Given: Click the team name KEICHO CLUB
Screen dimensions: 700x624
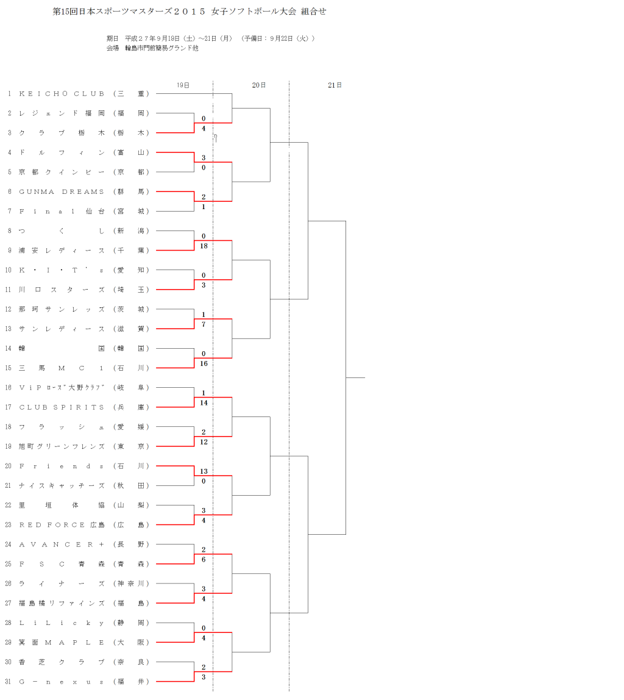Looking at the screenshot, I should pos(62,94).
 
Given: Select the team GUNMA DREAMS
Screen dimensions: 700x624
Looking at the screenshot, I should pos(62,191).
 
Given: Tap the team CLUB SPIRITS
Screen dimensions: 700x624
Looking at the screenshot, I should pos(62,407).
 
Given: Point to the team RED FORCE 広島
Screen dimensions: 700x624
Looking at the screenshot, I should pos(62,525).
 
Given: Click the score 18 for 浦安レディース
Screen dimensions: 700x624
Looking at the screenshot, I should pos(204,246).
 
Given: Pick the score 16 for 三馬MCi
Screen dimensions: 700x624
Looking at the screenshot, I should pos(204,363).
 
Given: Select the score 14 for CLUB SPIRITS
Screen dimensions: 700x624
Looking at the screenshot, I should pos(204,402).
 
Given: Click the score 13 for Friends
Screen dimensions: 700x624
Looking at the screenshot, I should pos(204,471).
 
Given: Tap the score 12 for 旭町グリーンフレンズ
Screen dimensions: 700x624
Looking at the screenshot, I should pos(204,441).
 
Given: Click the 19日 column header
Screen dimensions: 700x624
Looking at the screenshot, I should pos(183,85).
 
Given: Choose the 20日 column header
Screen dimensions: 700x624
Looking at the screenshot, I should pos(259,85).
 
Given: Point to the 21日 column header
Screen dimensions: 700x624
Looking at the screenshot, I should pos(335,85).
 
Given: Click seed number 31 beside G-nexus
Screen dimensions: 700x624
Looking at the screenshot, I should pos(9,682).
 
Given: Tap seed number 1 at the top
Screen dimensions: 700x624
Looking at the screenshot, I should pos(9,94).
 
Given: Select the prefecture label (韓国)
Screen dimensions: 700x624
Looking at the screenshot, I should pos(131,349).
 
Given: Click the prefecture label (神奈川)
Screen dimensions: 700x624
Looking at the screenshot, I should pos(131,584).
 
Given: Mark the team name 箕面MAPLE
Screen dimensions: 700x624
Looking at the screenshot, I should pos(62,643).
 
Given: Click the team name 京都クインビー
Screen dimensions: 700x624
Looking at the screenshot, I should pos(62,172).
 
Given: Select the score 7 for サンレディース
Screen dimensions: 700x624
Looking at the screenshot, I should pos(204,324).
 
